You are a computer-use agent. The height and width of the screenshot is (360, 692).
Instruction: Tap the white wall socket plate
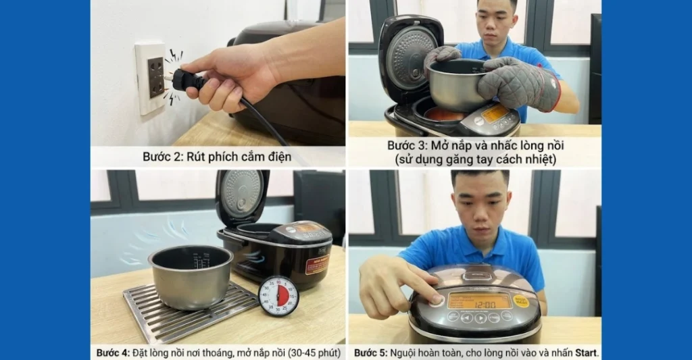coord(150,76)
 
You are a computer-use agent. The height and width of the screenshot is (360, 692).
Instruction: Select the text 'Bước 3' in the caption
coord(405,145)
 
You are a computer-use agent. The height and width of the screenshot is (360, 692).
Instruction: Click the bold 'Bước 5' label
coord(370,353)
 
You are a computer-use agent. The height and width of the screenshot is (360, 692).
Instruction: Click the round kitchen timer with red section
coord(278,295)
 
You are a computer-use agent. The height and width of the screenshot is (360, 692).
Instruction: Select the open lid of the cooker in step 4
coord(242,196)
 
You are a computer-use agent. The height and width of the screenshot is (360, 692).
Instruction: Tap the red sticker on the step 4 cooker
coord(316,263)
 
